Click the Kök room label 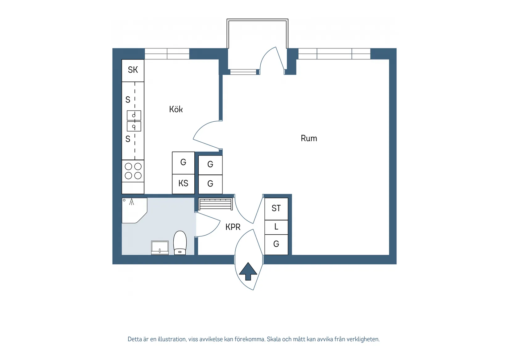pos(176,109)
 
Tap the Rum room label pos(309,138)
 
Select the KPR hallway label pos(233,227)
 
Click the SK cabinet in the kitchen pos(133,70)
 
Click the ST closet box pos(276,209)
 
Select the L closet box pos(276,227)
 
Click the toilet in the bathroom pos(180,243)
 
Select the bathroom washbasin pos(160,248)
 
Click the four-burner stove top pos(133,171)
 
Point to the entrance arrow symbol pos(248,271)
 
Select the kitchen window pos(167,54)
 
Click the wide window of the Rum pos(334,54)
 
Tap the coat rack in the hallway pos(215,204)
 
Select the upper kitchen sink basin pos(134,115)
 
